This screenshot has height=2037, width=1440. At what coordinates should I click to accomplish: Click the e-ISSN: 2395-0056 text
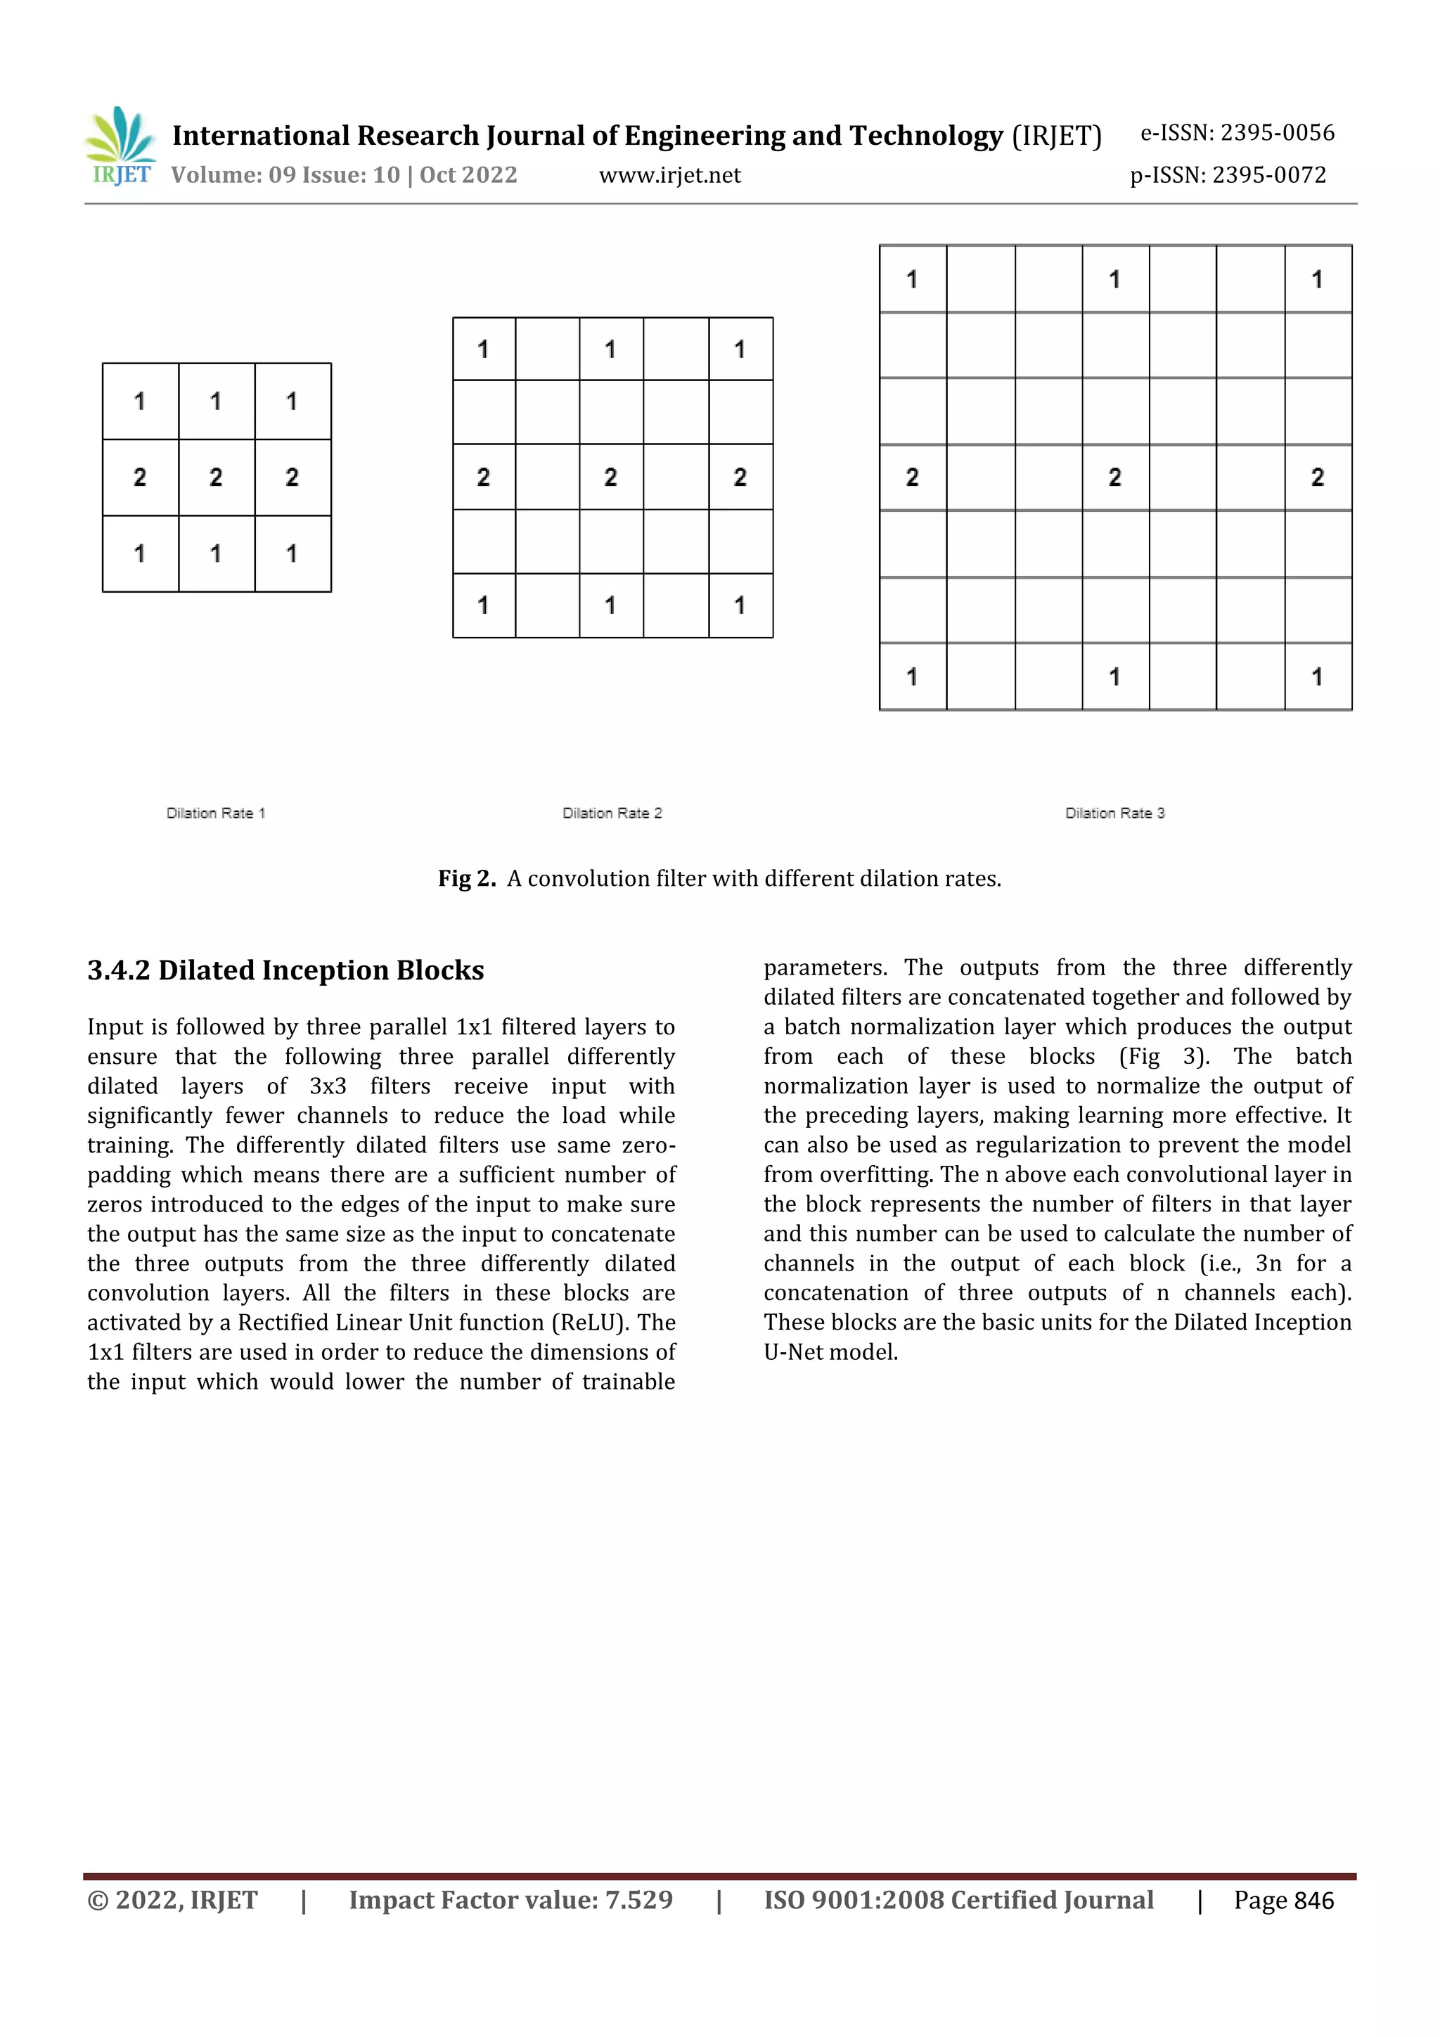1237,133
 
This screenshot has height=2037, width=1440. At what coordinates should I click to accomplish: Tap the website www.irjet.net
670,176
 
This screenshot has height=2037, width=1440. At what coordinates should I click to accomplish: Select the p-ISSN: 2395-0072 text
1228,176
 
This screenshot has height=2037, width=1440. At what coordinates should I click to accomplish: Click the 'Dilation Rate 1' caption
216,813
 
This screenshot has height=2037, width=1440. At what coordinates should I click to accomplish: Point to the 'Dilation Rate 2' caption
612,813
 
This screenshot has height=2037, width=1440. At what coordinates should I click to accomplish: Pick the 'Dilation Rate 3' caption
1114,813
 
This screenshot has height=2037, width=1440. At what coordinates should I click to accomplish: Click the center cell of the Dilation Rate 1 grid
216,477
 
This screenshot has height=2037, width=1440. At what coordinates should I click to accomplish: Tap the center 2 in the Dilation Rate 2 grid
610,477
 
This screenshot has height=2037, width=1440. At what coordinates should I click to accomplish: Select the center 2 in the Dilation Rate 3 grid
1114,477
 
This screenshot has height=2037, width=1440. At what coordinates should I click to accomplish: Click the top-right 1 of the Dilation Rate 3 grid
1318,279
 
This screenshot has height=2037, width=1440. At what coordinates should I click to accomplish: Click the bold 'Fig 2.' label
467,878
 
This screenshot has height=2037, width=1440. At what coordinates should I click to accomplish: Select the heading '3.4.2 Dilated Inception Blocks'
285,970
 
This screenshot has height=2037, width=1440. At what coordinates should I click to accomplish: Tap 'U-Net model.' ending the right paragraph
830,1352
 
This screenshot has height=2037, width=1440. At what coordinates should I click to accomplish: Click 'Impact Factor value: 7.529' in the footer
510,1899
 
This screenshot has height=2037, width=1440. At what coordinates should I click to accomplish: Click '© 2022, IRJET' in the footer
172,1899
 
